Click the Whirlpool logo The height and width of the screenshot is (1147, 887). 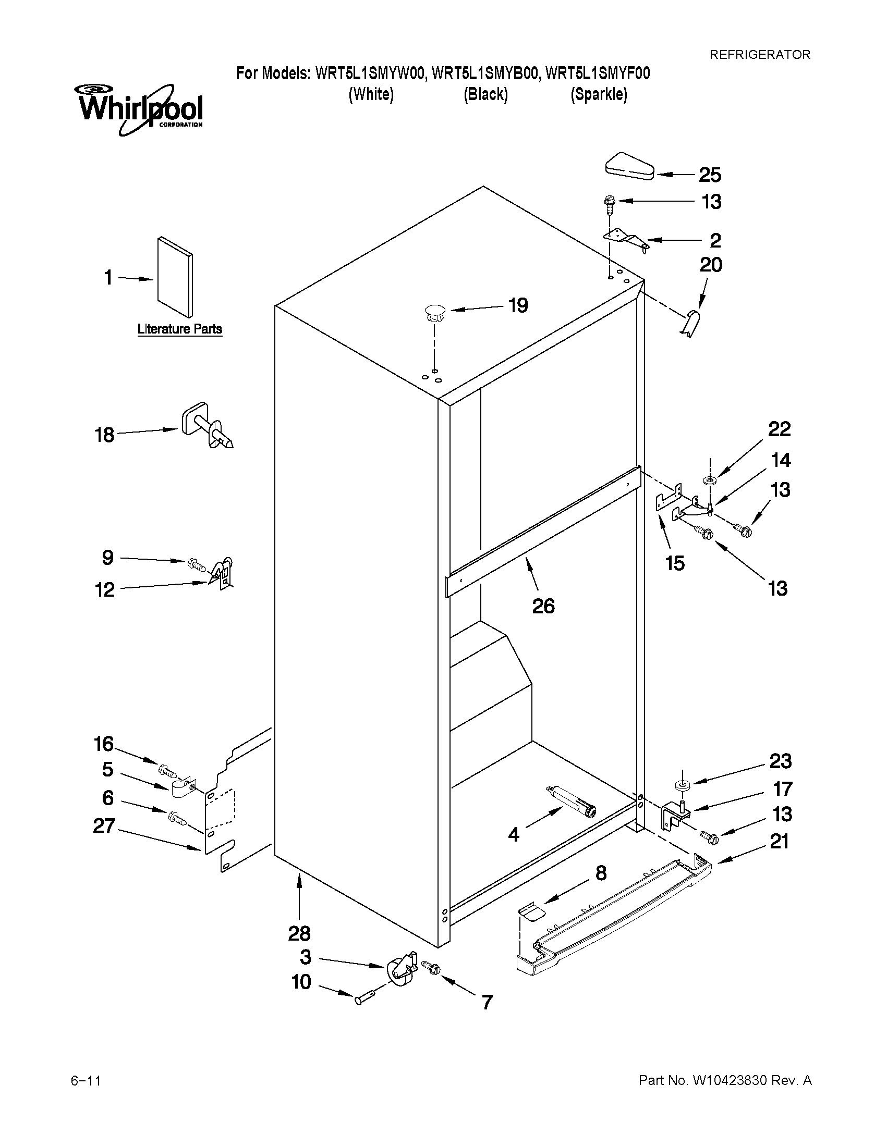(140, 109)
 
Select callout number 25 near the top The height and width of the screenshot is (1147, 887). (709, 175)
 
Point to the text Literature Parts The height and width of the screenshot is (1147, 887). (180, 329)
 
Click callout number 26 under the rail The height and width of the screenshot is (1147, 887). (543, 606)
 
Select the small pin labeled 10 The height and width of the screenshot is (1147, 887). (366, 998)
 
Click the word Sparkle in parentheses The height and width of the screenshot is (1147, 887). (599, 94)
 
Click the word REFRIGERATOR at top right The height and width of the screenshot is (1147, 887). (760, 55)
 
